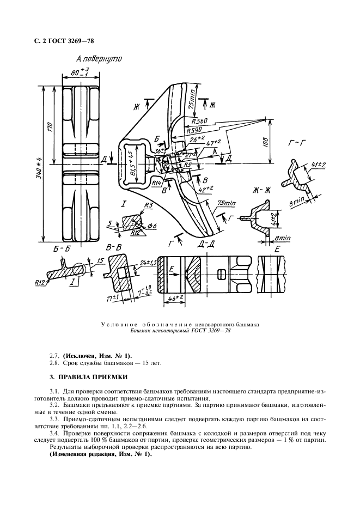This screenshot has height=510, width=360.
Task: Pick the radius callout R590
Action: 194,131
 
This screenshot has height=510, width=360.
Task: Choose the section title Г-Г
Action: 295,144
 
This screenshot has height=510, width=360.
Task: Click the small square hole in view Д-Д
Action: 221,272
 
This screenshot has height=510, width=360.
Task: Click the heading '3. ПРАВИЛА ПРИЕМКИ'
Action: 88,375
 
